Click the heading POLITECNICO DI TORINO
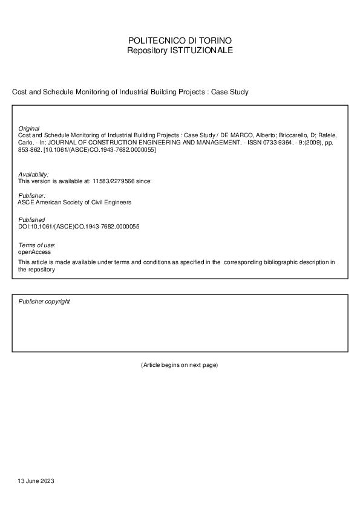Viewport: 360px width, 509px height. click(x=180, y=41)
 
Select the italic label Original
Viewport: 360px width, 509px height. click(x=28, y=129)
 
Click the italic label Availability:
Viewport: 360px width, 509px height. click(x=33, y=174)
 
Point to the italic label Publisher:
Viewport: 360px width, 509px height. click(x=31, y=196)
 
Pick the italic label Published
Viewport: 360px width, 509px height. click(x=31, y=219)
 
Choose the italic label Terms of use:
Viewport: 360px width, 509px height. click(x=36, y=244)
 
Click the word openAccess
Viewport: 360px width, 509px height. click(x=34, y=251)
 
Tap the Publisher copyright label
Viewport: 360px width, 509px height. click(x=44, y=301)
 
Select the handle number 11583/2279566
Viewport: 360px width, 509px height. click(x=114, y=181)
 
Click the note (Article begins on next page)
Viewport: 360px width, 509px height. click(x=180, y=365)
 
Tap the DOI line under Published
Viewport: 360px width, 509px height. click(x=79, y=227)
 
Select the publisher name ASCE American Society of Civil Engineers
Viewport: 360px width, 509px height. click(x=75, y=203)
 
